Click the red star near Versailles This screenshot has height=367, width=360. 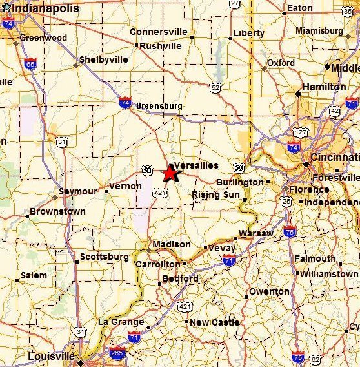tap(170, 173)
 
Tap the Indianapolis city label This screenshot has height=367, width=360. tap(45, 9)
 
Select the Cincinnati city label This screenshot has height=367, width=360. tap(334, 158)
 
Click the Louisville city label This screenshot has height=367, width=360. tap(51, 356)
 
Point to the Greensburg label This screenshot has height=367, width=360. tap(158, 106)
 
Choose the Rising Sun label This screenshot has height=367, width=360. tap(215, 194)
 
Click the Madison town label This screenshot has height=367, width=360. tap(172, 244)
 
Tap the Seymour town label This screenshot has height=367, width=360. tap(77, 191)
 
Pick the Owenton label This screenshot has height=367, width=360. tap(270, 291)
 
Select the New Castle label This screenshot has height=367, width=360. tap(215, 322)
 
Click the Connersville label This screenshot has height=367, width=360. tap(158, 32)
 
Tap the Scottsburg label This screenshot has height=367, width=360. tap(104, 257)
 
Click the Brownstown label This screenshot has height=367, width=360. tap(57, 211)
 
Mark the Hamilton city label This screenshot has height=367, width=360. tap(324, 87)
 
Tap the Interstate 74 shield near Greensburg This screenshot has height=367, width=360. tap(125, 102)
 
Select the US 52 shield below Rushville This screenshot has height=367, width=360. tap(215, 87)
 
